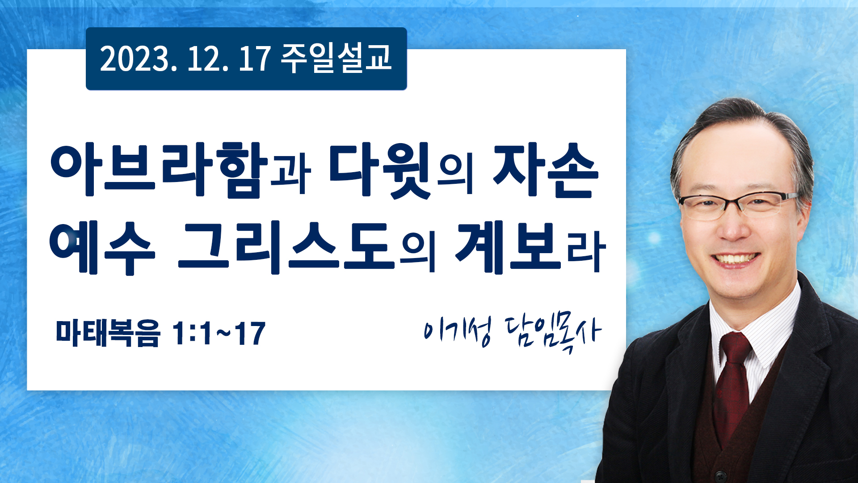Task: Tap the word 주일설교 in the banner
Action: pyautogui.click(x=336, y=58)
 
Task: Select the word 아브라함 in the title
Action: pyautogui.click(x=159, y=170)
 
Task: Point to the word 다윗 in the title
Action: pyautogui.click(x=380, y=170)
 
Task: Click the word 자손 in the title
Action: pyautogui.click(x=545, y=170)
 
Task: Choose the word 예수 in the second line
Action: pyautogui.click(x=102, y=248)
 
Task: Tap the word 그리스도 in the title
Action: pyautogui.click(x=286, y=248)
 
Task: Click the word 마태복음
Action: pyautogui.click(x=108, y=334)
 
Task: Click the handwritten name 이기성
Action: pyautogui.click(x=458, y=332)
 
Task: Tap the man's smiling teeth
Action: pyautogui.click(x=736, y=258)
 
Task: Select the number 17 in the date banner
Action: pyautogui.click(x=255, y=59)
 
